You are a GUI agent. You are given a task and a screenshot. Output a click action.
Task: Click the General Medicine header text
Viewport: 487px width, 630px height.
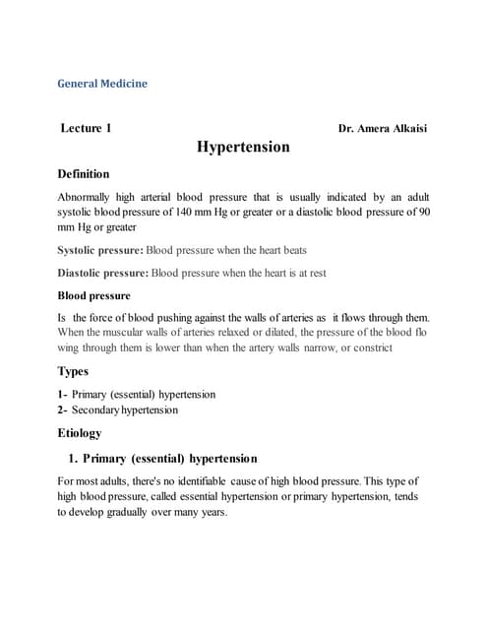[x=102, y=84]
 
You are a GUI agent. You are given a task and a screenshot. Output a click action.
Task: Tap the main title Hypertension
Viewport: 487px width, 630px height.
[x=243, y=148]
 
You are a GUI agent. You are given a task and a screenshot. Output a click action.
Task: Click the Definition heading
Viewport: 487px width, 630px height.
[x=84, y=174]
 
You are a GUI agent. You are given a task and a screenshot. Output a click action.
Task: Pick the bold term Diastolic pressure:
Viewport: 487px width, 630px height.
[x=103, y=273]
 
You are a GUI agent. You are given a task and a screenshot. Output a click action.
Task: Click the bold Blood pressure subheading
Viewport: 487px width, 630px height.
[x=93, y=295]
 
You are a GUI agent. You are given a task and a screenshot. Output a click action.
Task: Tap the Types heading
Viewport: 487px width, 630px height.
[x=74, y=371]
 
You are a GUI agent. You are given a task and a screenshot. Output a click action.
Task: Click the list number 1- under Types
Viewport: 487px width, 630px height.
[x=63, y=394]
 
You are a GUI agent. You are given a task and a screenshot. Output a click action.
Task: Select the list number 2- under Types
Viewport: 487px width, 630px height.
[x=63, y=409]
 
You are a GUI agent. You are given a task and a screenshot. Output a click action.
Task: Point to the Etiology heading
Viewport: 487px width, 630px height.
[x=80, y=432]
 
